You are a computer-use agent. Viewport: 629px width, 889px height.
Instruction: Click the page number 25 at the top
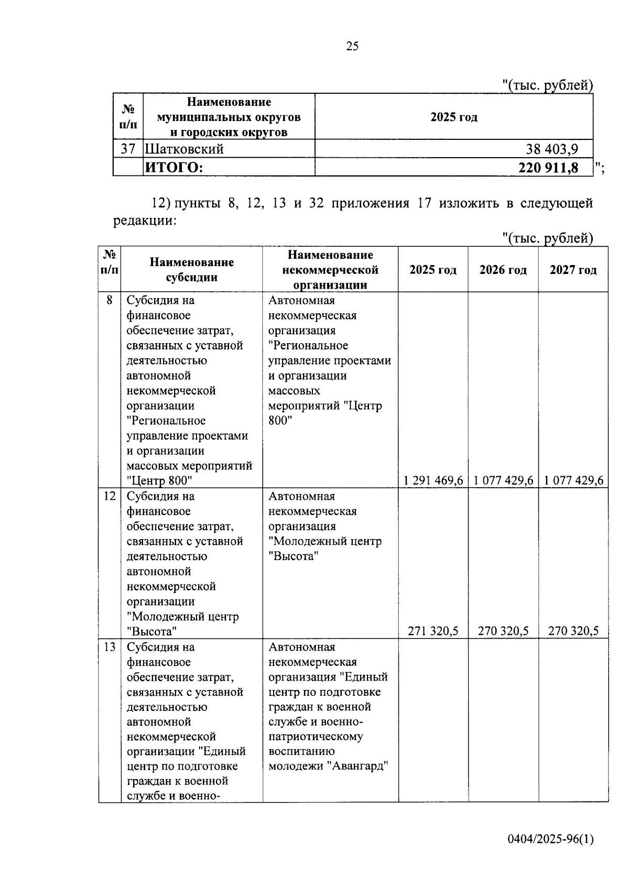click(352, 47)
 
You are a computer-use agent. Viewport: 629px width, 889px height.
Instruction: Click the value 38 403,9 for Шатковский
click(552, 149)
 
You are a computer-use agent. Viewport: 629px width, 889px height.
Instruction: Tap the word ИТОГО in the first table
click(173, 168)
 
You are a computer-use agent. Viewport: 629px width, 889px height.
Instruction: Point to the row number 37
click(128, 149)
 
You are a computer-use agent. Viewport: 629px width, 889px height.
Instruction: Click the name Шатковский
click(185, 149)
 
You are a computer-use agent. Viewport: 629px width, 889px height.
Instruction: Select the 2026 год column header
click(503, 270)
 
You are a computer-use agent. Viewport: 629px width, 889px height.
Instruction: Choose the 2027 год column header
click(573, 270)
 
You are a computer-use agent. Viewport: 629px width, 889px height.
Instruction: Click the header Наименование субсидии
click(191, 270)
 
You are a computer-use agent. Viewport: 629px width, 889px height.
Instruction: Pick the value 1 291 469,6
click(433, 480)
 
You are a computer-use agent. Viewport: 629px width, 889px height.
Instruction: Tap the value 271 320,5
click(433, 631)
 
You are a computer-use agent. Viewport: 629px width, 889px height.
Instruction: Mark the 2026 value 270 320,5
click(503, 631)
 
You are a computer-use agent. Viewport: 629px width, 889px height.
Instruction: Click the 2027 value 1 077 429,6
click(573, 480)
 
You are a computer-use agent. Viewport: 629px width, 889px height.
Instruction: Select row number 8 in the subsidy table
click(110, 301)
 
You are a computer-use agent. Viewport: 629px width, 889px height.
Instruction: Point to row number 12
click(110, 496)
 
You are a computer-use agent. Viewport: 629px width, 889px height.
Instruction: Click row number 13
click(110, 647)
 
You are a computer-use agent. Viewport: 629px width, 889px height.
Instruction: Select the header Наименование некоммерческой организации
click(330, 270)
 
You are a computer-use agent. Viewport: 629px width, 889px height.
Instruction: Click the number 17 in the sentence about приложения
click(424, 203)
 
